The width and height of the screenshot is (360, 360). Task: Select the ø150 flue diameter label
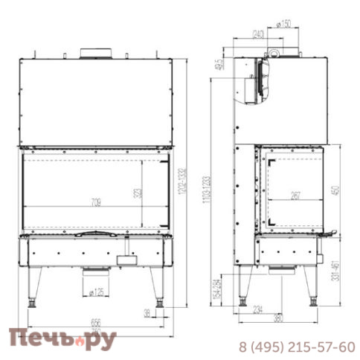pyautogui.click(x=282, y=24)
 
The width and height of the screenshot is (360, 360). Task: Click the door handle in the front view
pyautogui.click(x=93, y=234)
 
